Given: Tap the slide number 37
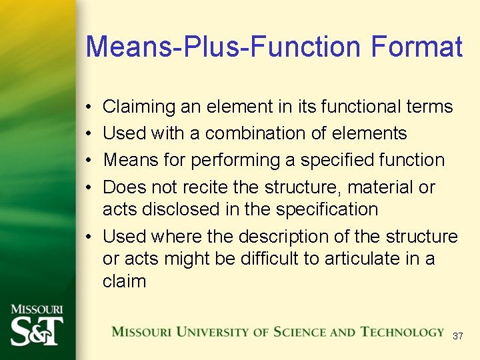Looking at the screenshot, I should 457,337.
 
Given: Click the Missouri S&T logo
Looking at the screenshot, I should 37,325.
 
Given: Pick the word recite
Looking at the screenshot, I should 229,187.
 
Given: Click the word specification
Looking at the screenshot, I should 326,209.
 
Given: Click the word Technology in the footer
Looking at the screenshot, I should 402,332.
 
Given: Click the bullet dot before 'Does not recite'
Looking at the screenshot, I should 89,188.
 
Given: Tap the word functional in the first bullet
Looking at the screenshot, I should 349,107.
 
